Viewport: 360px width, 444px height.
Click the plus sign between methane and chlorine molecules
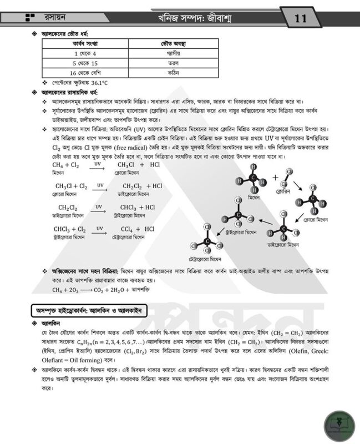(x=276, y=179)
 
